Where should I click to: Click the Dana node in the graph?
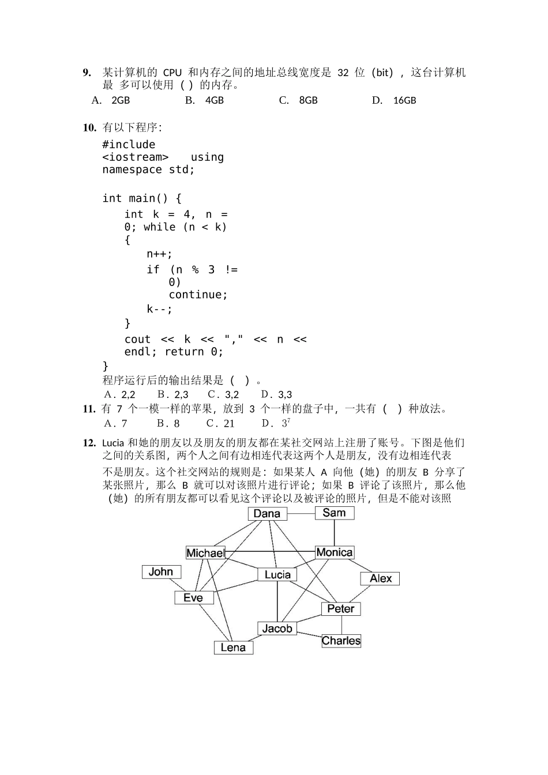267,514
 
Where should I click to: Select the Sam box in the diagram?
335,513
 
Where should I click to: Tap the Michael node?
205,553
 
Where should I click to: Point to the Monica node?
335,552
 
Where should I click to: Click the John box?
161,571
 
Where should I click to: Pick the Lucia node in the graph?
277,574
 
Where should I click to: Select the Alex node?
381,578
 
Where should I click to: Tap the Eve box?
193,597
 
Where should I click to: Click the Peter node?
341,608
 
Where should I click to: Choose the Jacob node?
277,629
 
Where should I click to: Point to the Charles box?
341,641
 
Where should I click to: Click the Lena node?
233,648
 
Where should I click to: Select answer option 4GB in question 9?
214,100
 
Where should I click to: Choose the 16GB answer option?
404,100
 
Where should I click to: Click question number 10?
89,127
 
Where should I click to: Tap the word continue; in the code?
198,295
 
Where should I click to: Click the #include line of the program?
129,144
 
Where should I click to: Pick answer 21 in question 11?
229,423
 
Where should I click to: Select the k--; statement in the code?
159,309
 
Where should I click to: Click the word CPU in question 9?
172,73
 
